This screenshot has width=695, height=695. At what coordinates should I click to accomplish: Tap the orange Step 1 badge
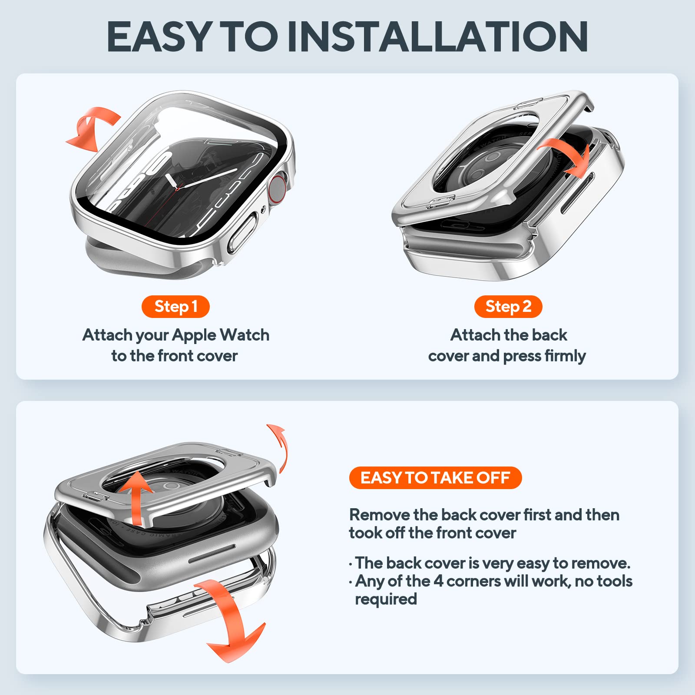[175, 307]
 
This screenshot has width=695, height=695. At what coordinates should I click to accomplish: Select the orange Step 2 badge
[508, 307]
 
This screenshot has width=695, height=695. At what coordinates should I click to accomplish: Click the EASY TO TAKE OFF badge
[435, 478]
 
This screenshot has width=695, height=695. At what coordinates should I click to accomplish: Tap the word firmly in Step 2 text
[565, 356]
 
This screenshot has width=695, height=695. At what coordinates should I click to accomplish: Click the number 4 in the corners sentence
[438, 581]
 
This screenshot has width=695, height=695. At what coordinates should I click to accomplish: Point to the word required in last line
[386, 599]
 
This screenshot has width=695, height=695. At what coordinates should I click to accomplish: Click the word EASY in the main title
[159, 37]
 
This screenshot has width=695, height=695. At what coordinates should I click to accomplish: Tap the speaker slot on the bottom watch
[212, 553]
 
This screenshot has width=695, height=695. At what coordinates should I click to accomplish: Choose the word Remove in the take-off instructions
[380, 515]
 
